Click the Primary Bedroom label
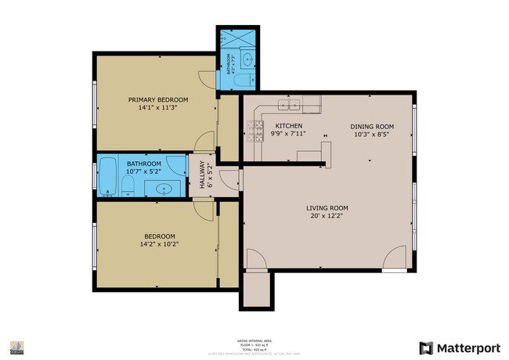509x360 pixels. tap(158, 99)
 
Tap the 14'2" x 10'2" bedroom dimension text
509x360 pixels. tap(159, 244)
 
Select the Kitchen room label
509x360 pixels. tap(288, 126)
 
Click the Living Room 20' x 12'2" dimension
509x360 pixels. tap(327, 217)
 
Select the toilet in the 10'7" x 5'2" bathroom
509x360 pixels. tap(128, 186)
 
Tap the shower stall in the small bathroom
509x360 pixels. tap(232, 38)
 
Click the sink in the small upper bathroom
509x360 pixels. tap(247, 59)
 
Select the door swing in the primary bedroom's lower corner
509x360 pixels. tap(204, 140)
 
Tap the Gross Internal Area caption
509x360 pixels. tap(254, 342)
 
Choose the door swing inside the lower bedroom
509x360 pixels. tap(201, 209)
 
